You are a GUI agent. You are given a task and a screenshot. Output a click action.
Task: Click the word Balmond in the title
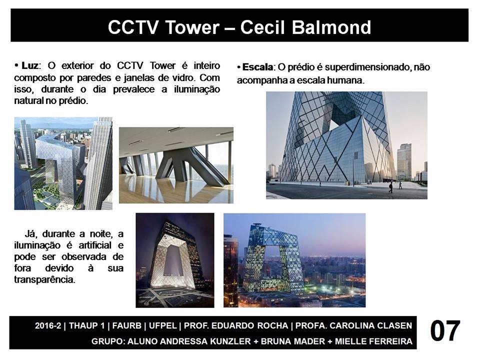[331, 27]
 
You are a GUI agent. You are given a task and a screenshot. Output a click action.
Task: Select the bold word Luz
[29, 65]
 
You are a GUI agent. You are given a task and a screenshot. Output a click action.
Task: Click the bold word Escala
[257, 67]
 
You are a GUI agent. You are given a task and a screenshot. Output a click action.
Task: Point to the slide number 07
[445, 331]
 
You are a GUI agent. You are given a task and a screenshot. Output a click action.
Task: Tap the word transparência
[44, 279]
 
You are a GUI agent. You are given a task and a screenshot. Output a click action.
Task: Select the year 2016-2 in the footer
[48, 325]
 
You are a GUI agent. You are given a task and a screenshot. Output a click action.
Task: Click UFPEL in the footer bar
[163, 325]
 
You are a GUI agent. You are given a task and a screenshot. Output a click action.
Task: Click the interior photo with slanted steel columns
[176, 165]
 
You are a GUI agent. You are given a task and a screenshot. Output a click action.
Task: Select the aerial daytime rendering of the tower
[63, 163]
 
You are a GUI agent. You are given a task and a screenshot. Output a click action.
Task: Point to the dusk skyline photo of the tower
[294, 260]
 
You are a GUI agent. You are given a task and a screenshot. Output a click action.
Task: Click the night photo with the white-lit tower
[175, 260]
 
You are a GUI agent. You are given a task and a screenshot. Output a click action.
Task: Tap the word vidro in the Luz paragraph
[183, 78]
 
